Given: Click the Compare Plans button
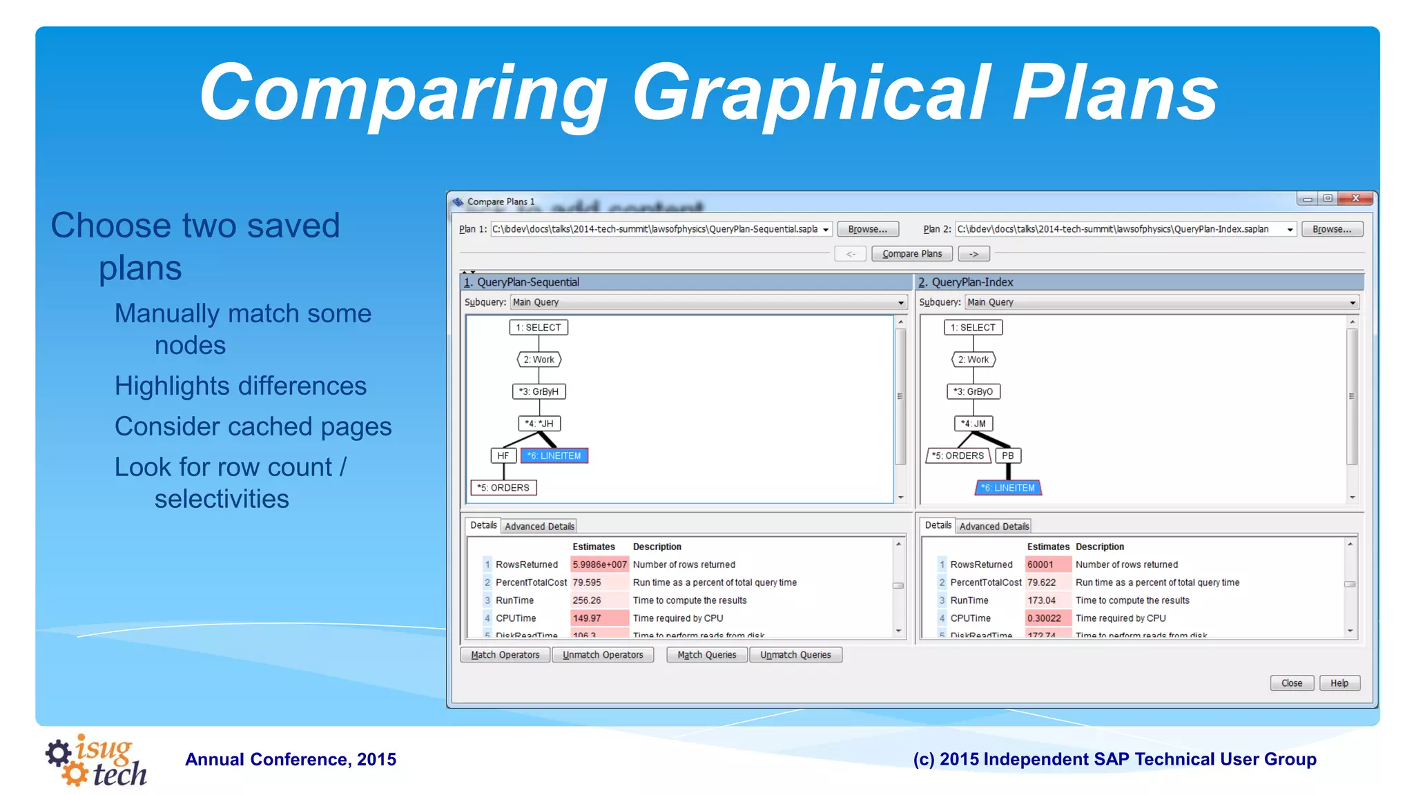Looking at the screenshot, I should (x=911, y=254).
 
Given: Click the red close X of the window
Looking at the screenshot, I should (x=1355, y=199).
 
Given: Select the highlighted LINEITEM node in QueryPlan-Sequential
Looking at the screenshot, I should (x=554, y=455).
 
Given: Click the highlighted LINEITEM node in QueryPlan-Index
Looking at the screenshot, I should (x=1008, y=487).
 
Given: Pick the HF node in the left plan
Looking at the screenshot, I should (x=503, y=455).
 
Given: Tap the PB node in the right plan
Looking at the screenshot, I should (x=1007, y=455).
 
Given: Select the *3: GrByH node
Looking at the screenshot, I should (x=539, y=391).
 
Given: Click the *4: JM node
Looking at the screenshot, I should (x=973, y=423).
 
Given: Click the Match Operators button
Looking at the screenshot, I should (x=505, y=654).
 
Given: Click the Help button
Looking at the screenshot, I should (x=1339, y=683).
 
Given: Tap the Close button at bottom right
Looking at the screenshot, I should (x=1291, y=683).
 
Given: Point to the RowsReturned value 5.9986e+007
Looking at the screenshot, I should (x=599, y=565).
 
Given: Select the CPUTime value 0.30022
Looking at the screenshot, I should (x=1044, y=618).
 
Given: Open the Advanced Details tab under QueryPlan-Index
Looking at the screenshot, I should (x=994, y=526).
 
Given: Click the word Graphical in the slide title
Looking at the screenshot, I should (x=812, y=93).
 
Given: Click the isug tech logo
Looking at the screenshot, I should (x=97, y=760).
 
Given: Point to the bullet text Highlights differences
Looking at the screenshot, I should (x=240, y=386).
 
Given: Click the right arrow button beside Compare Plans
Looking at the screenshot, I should (x=974, y=254).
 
